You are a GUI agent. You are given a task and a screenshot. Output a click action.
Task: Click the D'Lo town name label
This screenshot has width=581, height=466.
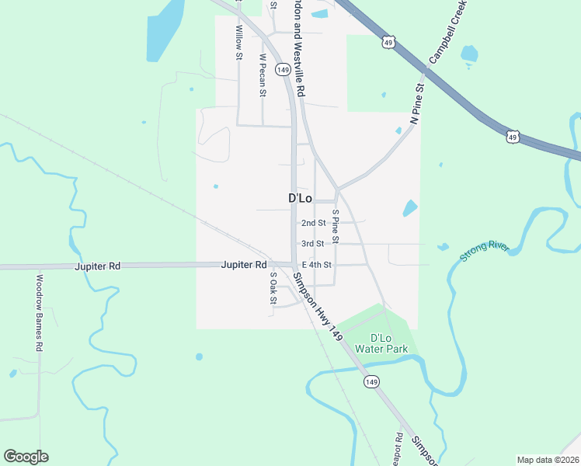[300, 199]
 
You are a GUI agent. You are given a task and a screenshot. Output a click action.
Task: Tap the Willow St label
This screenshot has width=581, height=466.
[240, 43]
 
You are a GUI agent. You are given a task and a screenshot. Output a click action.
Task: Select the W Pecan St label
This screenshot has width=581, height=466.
[263, 75]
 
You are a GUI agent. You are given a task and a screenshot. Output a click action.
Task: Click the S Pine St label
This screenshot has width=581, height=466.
[336, 226]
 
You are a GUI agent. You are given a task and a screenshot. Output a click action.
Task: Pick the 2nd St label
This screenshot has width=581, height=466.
[314, 223]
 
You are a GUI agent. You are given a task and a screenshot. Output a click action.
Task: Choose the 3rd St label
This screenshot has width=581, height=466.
[313, 244]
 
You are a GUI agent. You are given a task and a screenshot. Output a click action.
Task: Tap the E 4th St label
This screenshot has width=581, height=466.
[317, 265]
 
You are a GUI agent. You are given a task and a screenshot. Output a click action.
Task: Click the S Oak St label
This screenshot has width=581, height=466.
[273, 288]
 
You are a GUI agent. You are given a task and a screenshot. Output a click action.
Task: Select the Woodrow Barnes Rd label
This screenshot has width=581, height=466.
[39, 313]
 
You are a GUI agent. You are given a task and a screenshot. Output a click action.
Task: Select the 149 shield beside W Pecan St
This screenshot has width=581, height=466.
[283, 70]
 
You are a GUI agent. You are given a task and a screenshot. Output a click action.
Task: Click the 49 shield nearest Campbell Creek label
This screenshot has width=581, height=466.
[388, 42]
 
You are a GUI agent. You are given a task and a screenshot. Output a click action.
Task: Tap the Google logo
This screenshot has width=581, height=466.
[26, 457]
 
